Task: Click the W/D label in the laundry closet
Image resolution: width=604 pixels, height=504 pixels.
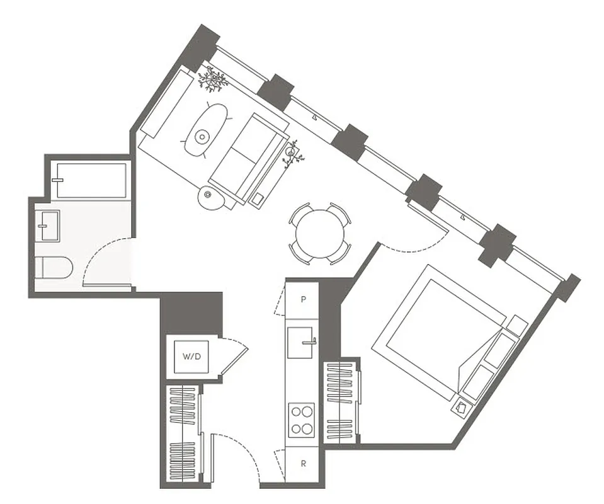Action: [191, 357]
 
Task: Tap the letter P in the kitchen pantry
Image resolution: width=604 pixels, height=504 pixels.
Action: [303, 300]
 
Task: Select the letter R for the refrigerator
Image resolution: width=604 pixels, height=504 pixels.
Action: [303, 464]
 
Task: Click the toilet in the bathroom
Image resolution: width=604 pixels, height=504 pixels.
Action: [53, 267]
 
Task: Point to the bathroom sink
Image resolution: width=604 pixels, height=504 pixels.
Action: [48, 226]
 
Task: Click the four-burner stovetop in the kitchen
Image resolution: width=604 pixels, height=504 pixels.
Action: [302, 420]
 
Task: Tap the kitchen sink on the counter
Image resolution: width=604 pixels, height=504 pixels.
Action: [302, 343]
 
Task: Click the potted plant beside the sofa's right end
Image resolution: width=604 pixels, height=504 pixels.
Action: [292, 152]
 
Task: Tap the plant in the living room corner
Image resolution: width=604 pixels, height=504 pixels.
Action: [213, 79]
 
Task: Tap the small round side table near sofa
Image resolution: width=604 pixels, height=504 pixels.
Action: [212, 198]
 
